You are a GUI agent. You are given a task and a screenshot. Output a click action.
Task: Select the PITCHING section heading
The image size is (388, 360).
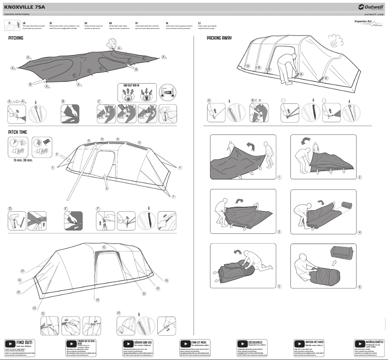16,38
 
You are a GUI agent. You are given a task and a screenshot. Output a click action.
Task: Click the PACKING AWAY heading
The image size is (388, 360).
219,38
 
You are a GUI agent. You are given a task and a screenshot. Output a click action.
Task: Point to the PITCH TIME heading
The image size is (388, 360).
17,132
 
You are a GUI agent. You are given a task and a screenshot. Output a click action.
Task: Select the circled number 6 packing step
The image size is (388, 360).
360,287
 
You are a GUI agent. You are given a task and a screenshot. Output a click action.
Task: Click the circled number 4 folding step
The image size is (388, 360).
360,232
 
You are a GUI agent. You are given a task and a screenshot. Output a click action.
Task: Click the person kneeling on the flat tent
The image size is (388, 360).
113,44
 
